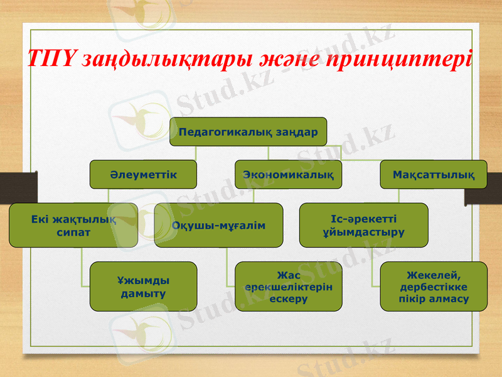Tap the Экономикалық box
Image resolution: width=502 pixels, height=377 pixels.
coord(288,174)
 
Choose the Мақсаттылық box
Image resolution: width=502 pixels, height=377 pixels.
coord(434,174)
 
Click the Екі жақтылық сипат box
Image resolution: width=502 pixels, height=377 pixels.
coord(73,225)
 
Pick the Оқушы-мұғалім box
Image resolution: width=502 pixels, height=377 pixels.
coord(218,225)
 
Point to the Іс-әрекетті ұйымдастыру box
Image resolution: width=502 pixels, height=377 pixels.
coord(363,225)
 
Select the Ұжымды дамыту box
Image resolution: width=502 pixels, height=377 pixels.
coord(143,287)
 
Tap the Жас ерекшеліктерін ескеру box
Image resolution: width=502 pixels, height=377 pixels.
coord(288,287)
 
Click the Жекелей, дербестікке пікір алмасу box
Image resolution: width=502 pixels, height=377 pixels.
coord(434,287)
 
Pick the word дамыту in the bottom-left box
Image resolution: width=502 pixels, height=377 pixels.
coord(143,293)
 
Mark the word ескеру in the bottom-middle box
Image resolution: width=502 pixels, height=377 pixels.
coord(288,299)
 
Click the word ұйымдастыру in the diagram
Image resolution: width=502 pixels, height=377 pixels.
coord(363,232)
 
